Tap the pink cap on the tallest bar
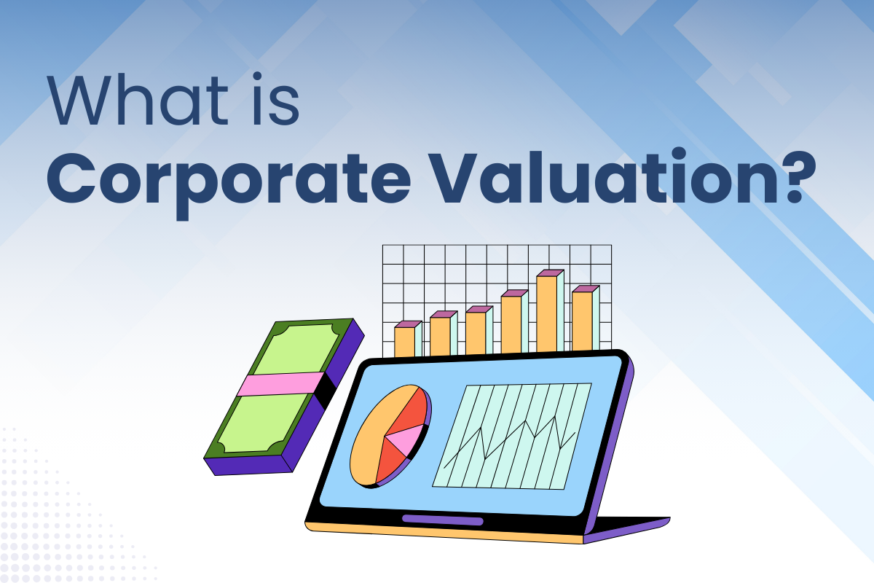tap(550, 273)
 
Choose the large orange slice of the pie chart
tap(371, 437)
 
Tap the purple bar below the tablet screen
tap(442, 520)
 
